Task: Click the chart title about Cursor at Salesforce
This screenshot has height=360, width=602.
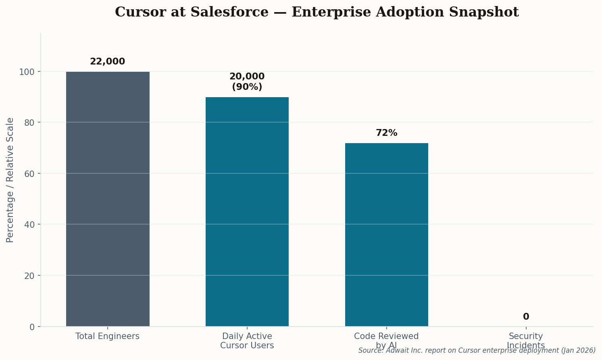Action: tap(317, 12)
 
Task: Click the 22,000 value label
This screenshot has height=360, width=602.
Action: tap(107, 62)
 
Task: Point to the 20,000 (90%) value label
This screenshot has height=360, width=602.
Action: tap(247, 82)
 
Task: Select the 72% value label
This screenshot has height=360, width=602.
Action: tap(386, 133)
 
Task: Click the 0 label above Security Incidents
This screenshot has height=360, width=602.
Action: tap(526, 317)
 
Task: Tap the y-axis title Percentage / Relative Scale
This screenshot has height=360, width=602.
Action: tap(10, 180)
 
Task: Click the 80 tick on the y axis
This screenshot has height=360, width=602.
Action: tap(29, 123)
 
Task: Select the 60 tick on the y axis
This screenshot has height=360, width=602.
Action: tap(29, 174)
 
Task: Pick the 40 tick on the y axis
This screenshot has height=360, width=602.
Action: tap(29, 225)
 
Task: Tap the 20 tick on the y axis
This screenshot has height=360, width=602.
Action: tap(29, 276)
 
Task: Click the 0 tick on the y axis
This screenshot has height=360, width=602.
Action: tap(32, 327)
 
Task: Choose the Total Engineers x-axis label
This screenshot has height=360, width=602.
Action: tap(107, 336)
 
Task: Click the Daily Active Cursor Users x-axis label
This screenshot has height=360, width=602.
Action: tap(247, 341)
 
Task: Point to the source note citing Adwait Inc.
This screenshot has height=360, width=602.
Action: tap(477, 351)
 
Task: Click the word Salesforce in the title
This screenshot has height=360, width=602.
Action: tap(229, 12)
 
